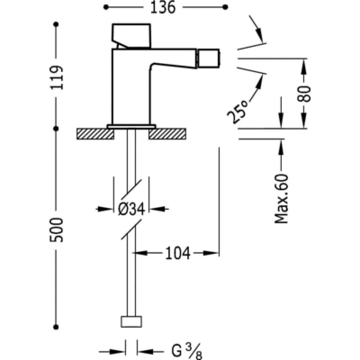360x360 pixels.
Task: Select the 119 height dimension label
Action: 57,77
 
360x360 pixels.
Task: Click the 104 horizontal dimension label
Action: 178,253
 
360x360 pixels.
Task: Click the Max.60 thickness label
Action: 283,199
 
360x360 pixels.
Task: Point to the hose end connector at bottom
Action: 131,322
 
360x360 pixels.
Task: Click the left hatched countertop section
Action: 94,134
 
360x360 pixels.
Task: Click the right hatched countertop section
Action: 167,134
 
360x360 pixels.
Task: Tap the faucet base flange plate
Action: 131,126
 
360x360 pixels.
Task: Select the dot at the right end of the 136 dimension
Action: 225,8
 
